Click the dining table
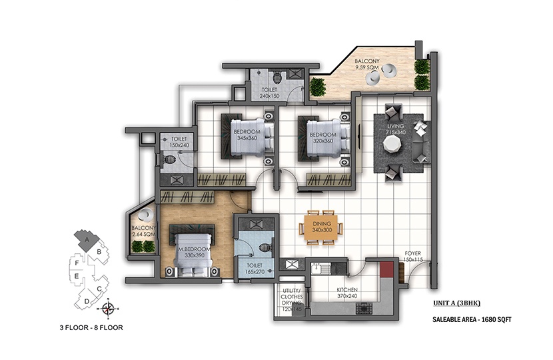[321, 228]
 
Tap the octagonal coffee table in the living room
[392, 143]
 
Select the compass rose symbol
[108, 309]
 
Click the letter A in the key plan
[87, 239]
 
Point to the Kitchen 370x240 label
[347, 293]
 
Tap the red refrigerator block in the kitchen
[386, 269]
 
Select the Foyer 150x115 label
[413, 256]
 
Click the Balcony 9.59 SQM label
[367, 64]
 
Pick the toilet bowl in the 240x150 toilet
[278, 77]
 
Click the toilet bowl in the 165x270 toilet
[265, 248]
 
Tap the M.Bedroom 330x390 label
[195, 252]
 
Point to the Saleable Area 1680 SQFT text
[472, 320]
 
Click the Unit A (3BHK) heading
[456, 303]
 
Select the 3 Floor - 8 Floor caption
[91, 327]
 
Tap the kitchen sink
[320, 268]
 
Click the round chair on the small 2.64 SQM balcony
[145, 215]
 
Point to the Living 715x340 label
[396, 129]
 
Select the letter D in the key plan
[87, 301]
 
